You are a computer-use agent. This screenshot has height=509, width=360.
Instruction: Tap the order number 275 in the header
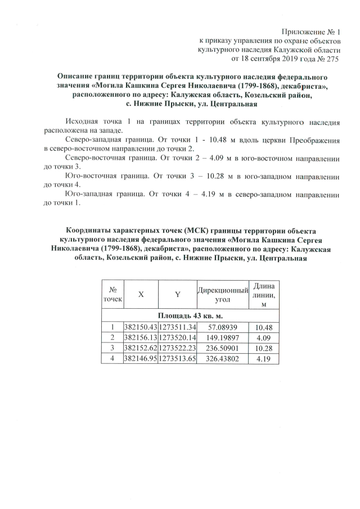[x=336, y=58]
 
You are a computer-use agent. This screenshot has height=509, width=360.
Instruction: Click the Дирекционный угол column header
[x=223, y=295]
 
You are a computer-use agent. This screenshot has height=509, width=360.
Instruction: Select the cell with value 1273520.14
[x=177, y=337]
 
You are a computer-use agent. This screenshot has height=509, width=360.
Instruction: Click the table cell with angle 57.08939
[x=223, y=327]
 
